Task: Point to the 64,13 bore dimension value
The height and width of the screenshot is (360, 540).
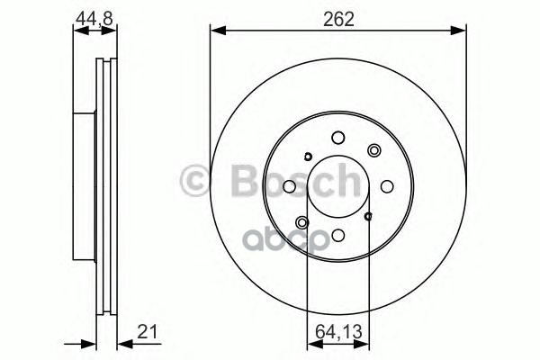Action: [338, 332]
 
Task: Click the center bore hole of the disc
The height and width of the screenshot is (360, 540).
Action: [338, 186]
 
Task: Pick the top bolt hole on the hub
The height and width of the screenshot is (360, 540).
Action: [338, 138]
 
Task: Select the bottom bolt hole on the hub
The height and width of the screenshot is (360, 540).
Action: [338, 235]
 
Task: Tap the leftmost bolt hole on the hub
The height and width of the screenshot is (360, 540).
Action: [290, 186]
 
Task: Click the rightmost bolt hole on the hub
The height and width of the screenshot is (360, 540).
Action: [387, 186]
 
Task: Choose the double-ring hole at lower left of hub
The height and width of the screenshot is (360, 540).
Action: [301, 223]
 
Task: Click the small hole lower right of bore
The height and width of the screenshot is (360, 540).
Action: [369, 216]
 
